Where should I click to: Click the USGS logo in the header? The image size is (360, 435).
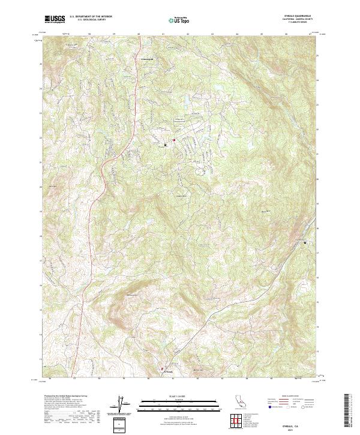click(x=55, y=19)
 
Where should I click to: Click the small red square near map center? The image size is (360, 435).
click(x=174, y=140)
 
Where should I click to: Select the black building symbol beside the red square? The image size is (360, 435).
click(x=166, y=144)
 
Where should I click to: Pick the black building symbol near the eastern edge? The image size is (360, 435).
click(x=305, y=242)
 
